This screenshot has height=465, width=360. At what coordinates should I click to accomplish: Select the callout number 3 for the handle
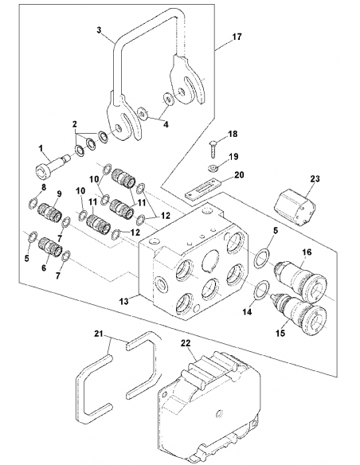99,30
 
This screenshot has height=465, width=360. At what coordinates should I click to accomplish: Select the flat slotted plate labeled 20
202,190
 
